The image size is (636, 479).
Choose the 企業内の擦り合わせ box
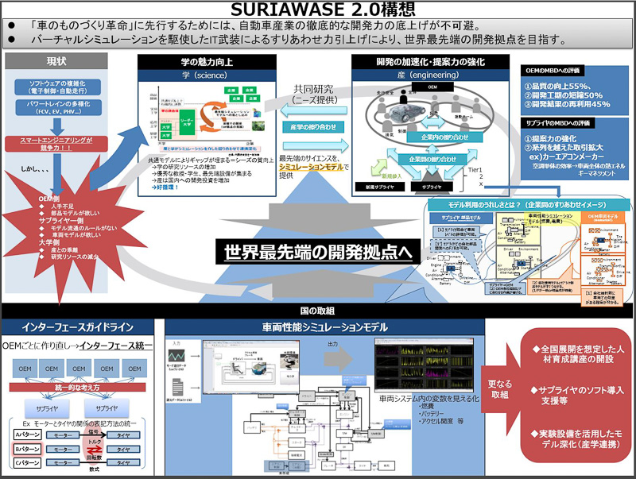coord(432,137)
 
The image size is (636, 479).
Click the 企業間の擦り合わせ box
coord(431,160)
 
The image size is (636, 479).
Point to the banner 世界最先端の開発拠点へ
coord(317,252)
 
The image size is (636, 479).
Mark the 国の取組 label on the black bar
coord(317,311)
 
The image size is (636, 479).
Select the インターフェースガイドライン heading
coord(79,326)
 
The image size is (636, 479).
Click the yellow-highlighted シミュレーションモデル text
coord(312,168)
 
